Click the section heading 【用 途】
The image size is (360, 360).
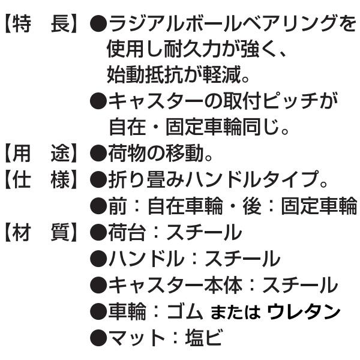[41, 153]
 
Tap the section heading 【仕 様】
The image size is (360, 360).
[41, 179]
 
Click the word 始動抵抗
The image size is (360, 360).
[145, 75]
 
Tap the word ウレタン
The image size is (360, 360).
[304, 311]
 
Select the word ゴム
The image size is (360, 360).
[185, 311]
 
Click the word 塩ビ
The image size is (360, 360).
[203, 338]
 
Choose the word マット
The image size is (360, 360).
[137, 338]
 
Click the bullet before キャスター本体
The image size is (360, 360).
[98, 286]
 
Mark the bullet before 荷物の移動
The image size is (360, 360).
[98, 154]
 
